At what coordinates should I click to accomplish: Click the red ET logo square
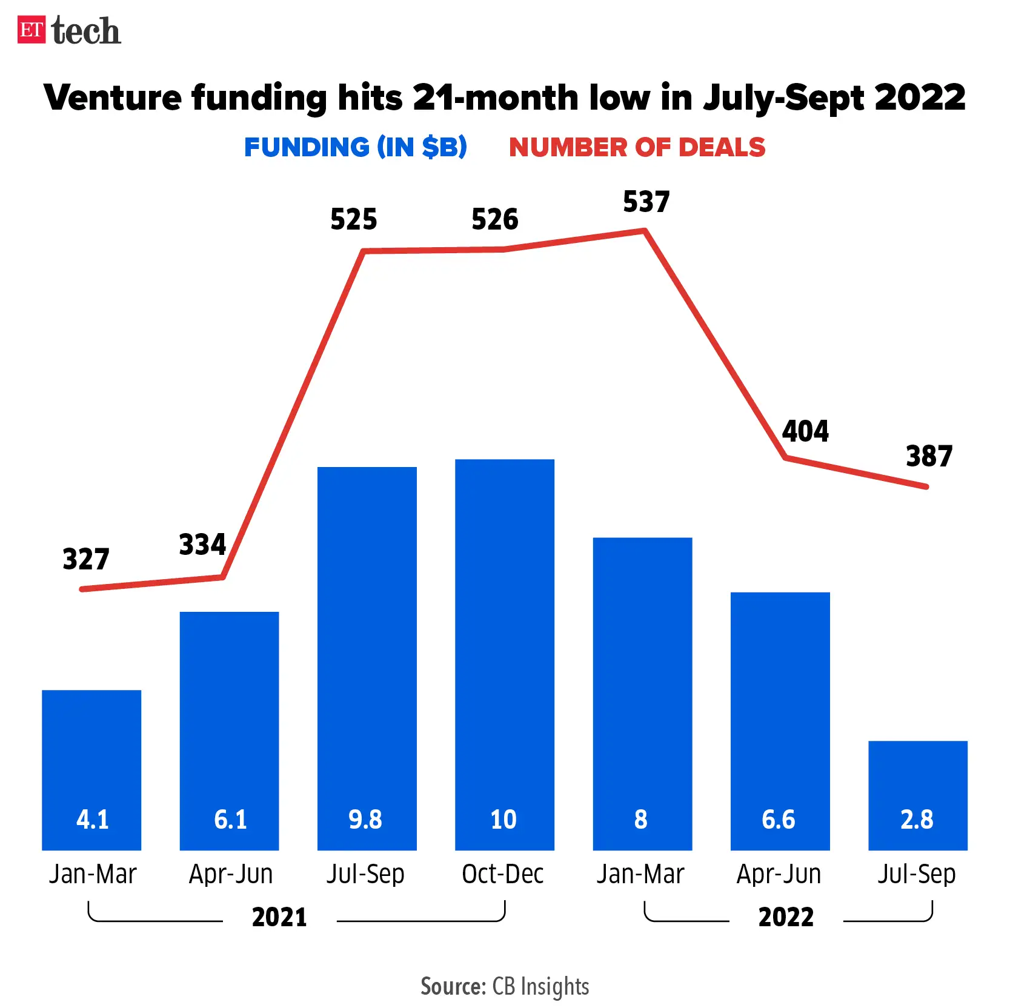[32, 30]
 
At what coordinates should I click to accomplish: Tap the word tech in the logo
[86, 31]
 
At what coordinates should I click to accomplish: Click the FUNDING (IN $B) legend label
[355, 147]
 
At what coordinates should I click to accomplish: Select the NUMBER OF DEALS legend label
[637, 147]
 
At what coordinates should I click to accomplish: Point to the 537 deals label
[646, 202]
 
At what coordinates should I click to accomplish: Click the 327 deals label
[86, 559]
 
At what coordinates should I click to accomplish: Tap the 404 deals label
[805, 431]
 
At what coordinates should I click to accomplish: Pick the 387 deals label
[929, 456]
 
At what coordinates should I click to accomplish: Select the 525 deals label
[353, 219]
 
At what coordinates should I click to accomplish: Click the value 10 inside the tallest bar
[503, 820]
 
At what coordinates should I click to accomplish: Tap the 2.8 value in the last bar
[917, 820]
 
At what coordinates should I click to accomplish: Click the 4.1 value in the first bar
[92, 820]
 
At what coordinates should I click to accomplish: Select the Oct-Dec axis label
[503, 874]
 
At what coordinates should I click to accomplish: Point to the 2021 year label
[279, 917]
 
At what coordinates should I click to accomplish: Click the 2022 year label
[786, 917]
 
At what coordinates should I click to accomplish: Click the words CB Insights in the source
[540, 986]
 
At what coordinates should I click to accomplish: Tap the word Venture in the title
[113, 98]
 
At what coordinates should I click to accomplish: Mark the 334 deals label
[202, 544]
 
